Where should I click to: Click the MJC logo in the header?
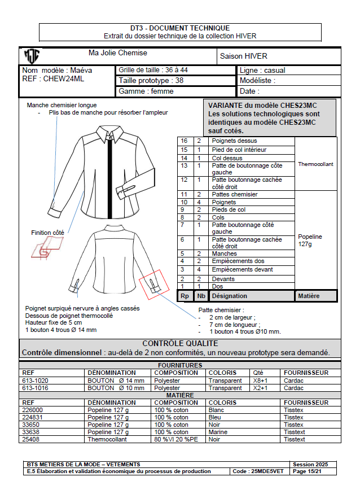(x=32, y=56)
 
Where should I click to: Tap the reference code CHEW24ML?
(x=64, y=79)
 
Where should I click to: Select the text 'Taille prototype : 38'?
(x=151, y=80)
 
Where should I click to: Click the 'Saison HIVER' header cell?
(x=243, y=56)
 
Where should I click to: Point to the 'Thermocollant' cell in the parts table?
(x=315, y=164)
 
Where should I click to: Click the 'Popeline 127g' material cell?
(x=310, y=240)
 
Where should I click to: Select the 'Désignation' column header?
(x=229, y=296)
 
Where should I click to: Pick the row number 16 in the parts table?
(x=184, y=141)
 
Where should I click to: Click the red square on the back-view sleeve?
(x=155, y=285)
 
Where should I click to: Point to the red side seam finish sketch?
(x=47, y=248)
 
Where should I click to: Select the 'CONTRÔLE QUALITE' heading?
(x=180, y=343)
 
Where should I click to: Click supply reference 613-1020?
(x=36, y=381)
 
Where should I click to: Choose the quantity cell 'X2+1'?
(x=260, y=388)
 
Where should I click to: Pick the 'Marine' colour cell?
(x=218, y=432)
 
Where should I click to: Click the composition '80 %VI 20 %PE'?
(x=176, y=439)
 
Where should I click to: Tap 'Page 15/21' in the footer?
(x=307, y=471)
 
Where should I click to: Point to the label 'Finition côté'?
(x=47, y=233)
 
